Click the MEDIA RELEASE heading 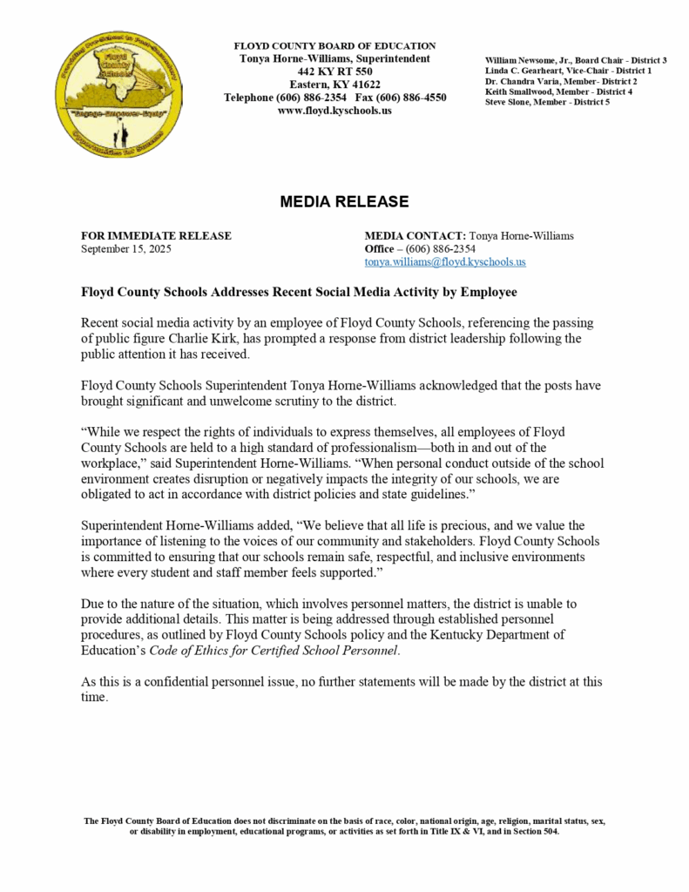344,202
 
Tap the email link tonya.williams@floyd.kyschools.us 445,261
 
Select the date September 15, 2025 126,248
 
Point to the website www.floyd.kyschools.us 334,111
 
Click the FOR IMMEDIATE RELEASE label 156,235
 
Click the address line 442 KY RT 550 334,71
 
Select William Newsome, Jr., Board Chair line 576,60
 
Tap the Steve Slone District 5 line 547,102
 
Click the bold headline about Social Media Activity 299,292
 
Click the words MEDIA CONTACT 415,235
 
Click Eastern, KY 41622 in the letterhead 334,84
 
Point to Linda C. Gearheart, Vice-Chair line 568,71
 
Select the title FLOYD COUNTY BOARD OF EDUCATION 334,45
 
